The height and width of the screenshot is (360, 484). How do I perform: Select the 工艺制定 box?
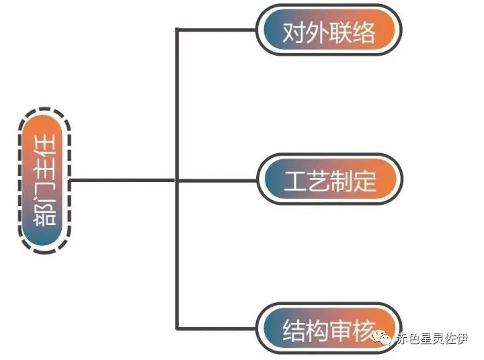[x=329, y=181]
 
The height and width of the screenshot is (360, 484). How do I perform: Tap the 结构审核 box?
[x=327, y=329]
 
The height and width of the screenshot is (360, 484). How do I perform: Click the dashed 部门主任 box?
[x=44, y=180]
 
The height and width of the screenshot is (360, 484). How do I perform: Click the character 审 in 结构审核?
[x=339, y=330]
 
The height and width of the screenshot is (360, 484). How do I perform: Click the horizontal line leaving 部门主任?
[x=121, y=180]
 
